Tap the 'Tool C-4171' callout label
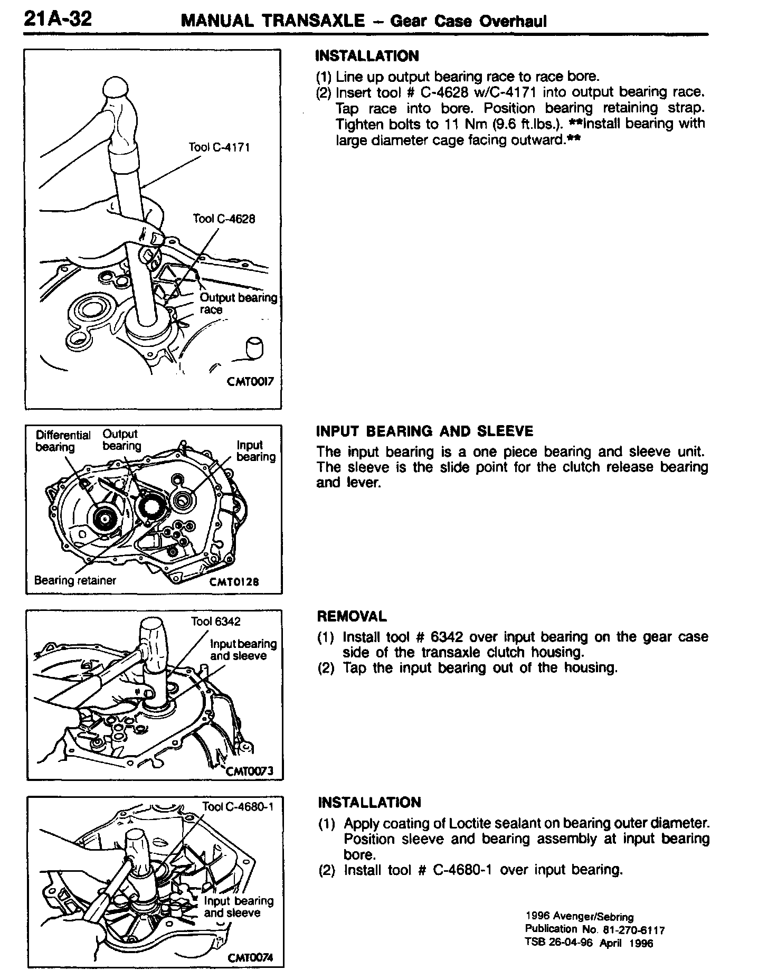coord(219,147)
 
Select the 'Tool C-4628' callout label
coord(224,219)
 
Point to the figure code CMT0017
coord(250,381)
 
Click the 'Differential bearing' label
coord(62,441)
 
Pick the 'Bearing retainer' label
coord(74,581)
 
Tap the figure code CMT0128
coord(234,581)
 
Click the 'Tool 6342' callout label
coord(215,622)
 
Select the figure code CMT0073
coord(249,771)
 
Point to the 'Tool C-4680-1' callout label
coord(238,807)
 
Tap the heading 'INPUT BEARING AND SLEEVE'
coord(424,431)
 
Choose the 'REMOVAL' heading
coord(352,616)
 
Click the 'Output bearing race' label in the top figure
coord(238,304)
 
